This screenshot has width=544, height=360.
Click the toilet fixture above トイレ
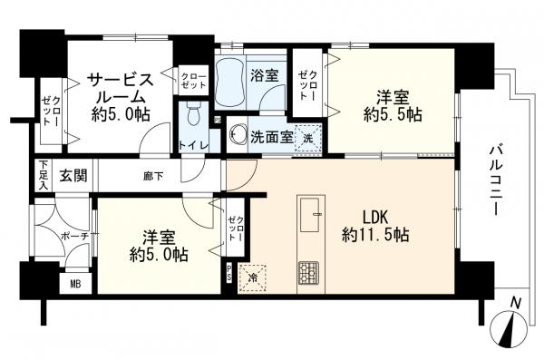[192, 113]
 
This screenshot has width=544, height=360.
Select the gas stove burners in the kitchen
[309, 269]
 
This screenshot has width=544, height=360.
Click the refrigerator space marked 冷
[252, 276]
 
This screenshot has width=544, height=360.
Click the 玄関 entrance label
[73, 174]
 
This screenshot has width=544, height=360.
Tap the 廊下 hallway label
[152, 174]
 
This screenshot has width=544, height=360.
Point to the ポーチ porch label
[74, 237]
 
